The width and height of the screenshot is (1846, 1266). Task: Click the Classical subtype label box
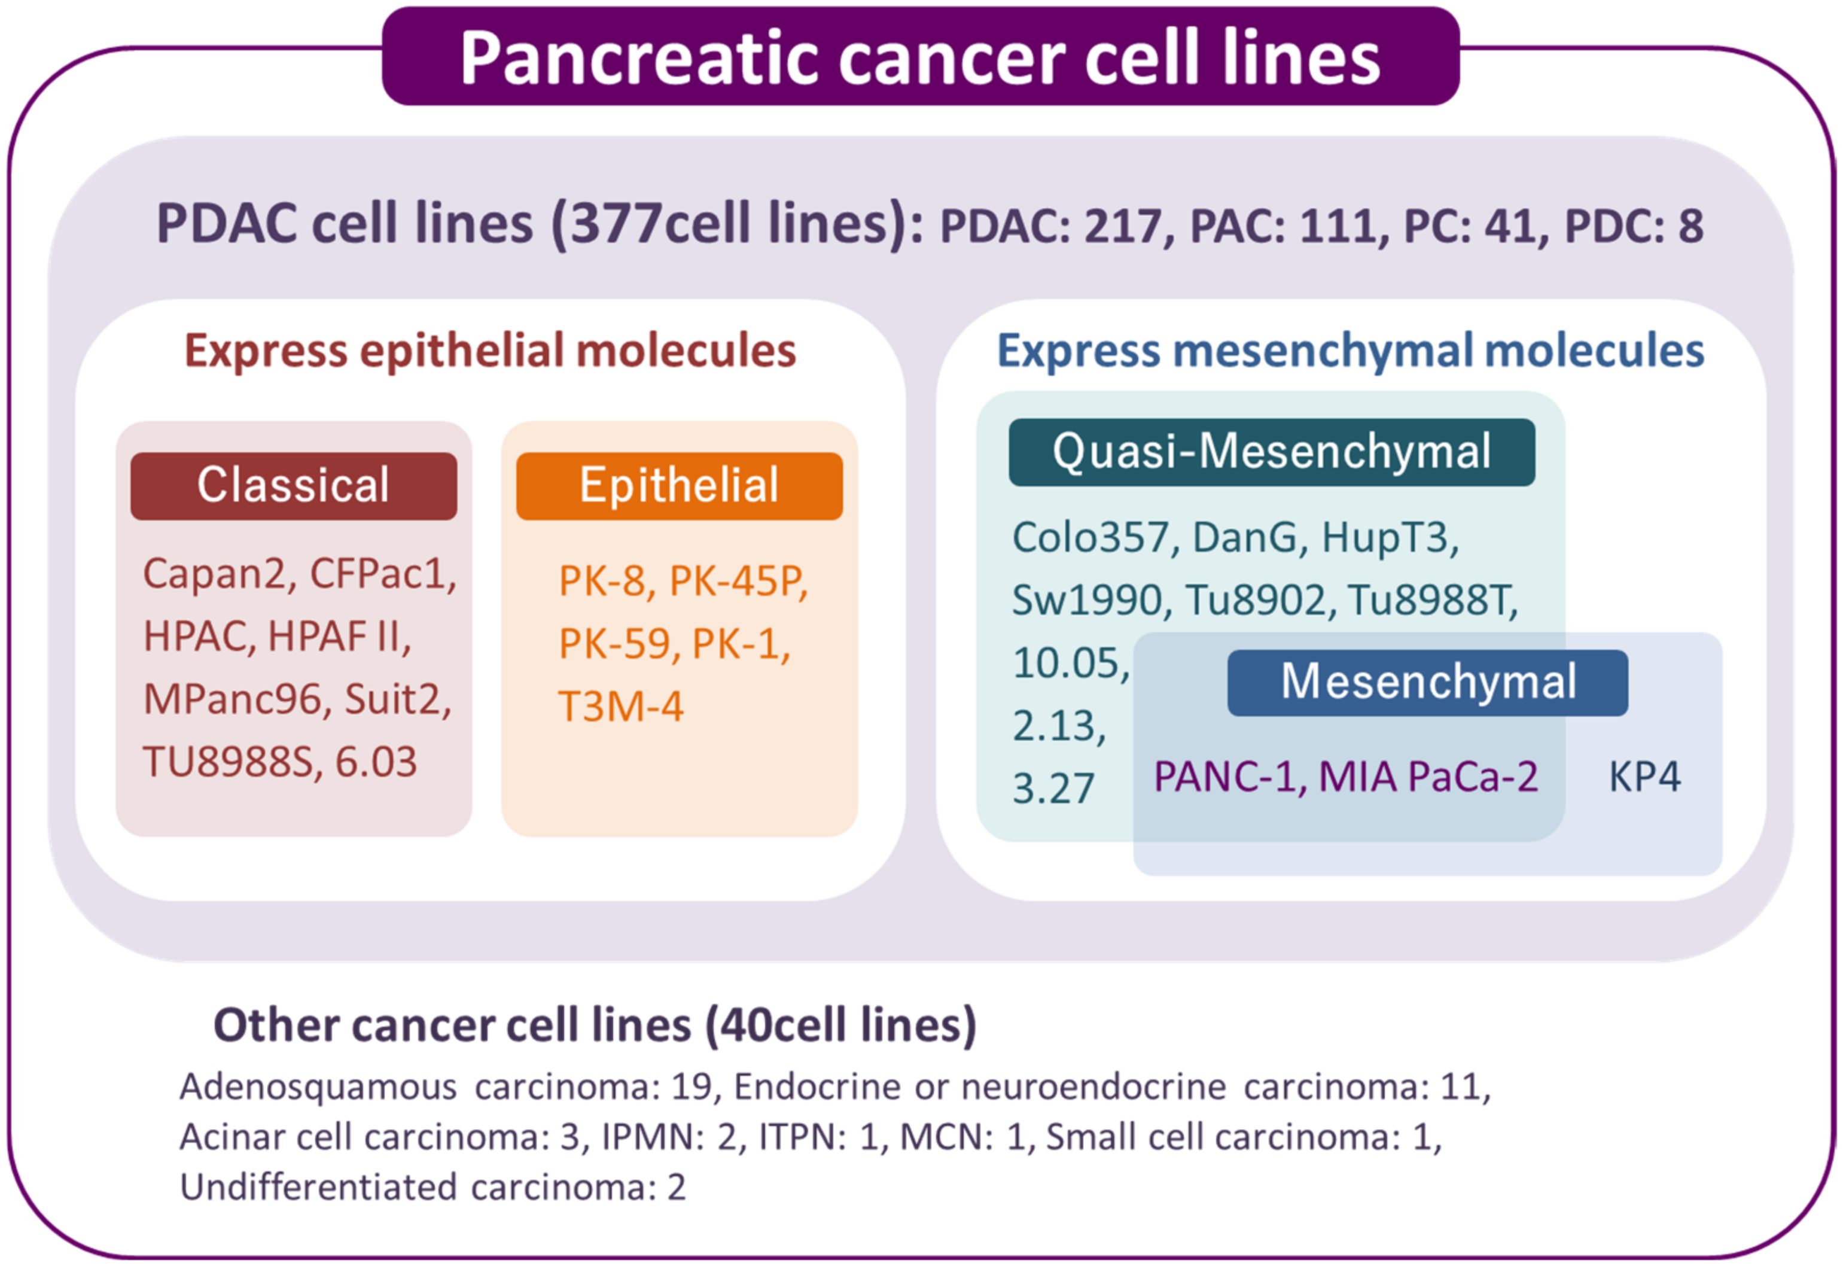(x=294, y=486)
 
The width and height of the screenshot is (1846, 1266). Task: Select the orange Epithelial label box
(x=679, y=486)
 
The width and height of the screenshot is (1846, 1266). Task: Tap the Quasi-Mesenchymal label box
(x=1272, y=452)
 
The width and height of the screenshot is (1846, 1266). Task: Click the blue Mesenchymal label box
(x=1427, y=682)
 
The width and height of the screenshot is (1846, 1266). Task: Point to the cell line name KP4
(x=1644, y=777)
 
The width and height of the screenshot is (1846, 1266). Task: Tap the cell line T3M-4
(x=620, y=707)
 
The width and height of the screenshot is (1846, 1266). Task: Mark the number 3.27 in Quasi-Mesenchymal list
(x=1053, y=789)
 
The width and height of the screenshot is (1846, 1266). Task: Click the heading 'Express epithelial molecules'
(x=490, y=351)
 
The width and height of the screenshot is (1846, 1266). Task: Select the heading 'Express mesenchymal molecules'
(x=1350, y=351)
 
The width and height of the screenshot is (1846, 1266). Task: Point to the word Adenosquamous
(x=318, y=1087)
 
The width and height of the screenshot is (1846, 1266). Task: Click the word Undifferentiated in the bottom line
(x=318, y=1188)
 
